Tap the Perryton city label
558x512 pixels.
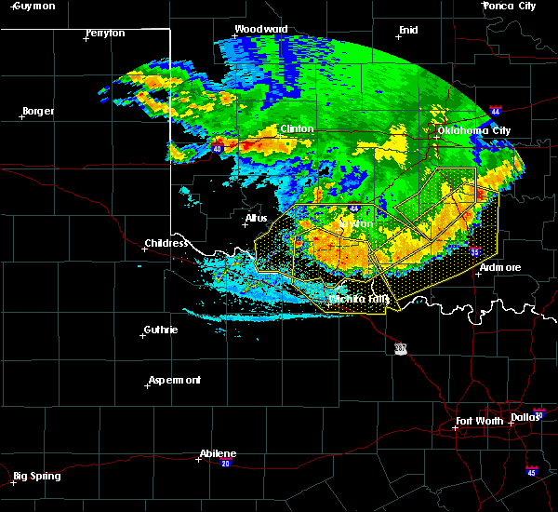[104, 33]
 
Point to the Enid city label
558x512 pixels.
[407, 30]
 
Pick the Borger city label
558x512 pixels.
[37, 111]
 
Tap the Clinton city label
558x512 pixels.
[297, 128]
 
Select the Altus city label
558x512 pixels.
[256, 219]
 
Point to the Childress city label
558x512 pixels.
[166, 244]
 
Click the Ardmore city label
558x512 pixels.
[499, 267]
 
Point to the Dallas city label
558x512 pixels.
[525, 417]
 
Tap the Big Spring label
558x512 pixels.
[38, 476]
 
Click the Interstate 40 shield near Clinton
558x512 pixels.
[218, 148]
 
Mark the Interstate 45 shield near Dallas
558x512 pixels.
[531, 471]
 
